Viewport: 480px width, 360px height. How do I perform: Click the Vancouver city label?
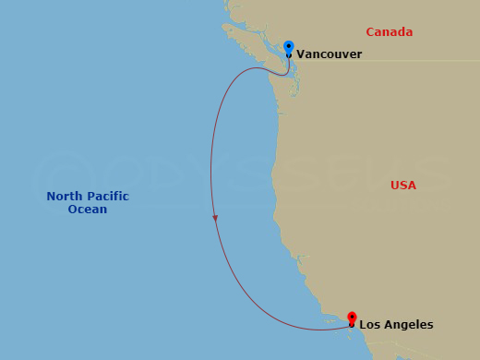(329, 54)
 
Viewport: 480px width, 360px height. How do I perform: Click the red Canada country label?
(389, 32)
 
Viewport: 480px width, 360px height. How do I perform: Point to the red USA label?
(403, 186)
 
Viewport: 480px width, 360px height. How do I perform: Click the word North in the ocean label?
(66, 197)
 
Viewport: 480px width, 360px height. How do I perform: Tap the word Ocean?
(88, 210)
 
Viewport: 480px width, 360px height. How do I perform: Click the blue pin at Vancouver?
(289, 47)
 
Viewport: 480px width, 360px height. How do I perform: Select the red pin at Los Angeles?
(352, 318)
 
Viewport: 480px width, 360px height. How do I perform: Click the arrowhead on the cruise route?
(215, 219)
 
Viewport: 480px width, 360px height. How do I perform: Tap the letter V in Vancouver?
(300, 54)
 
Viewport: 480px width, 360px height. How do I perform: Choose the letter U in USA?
(395, 186)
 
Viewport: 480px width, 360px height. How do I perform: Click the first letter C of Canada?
(370, 32)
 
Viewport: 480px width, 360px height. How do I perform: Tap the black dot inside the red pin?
(352, 324)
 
